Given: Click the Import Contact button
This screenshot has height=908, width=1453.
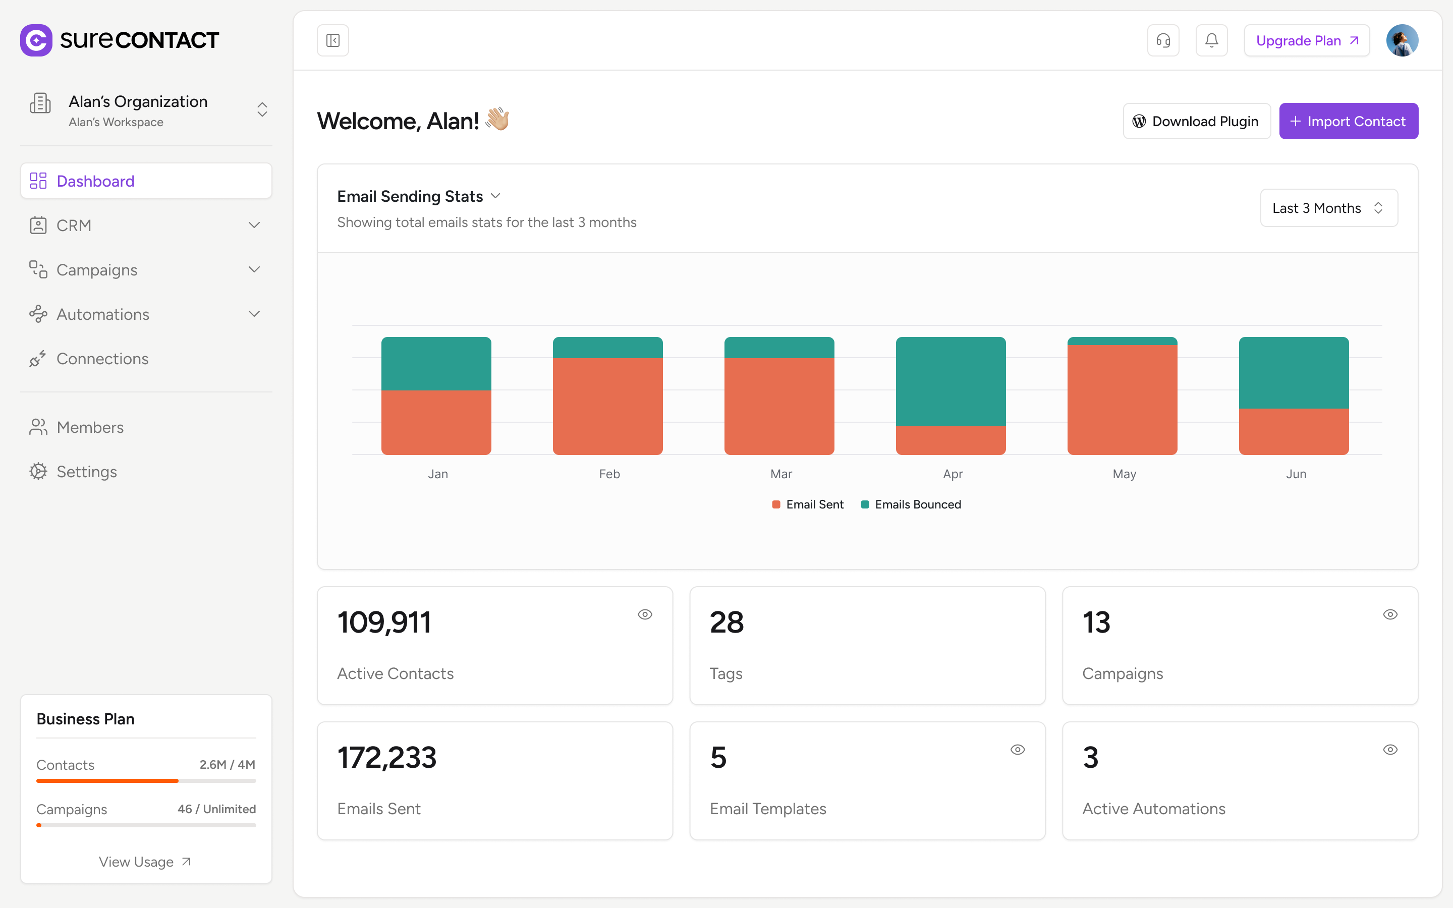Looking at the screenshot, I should [1348, 121].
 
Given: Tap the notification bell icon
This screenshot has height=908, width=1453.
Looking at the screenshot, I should [1211, 41].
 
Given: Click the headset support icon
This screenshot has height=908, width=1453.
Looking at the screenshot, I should [1162, 41].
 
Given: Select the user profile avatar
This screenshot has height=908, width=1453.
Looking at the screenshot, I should [1402, 41].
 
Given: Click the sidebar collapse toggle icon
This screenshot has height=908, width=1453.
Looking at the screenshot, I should [332, 41].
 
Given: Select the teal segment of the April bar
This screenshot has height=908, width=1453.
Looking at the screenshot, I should [951, 381].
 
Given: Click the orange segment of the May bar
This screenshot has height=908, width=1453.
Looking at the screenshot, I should [1122, 400].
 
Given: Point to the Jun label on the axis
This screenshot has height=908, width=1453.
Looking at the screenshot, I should [1296, 474].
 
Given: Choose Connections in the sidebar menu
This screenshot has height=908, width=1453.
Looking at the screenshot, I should [102, 359].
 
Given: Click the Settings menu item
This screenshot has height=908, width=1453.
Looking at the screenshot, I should [86, 472].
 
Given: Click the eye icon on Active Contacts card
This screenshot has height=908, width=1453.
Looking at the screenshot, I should [645, 614].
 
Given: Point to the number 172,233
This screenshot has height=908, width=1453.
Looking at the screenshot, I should [386, 757].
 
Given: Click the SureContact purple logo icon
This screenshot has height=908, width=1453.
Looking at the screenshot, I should [36, 40].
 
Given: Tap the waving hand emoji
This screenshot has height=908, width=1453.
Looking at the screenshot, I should [498, 120].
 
